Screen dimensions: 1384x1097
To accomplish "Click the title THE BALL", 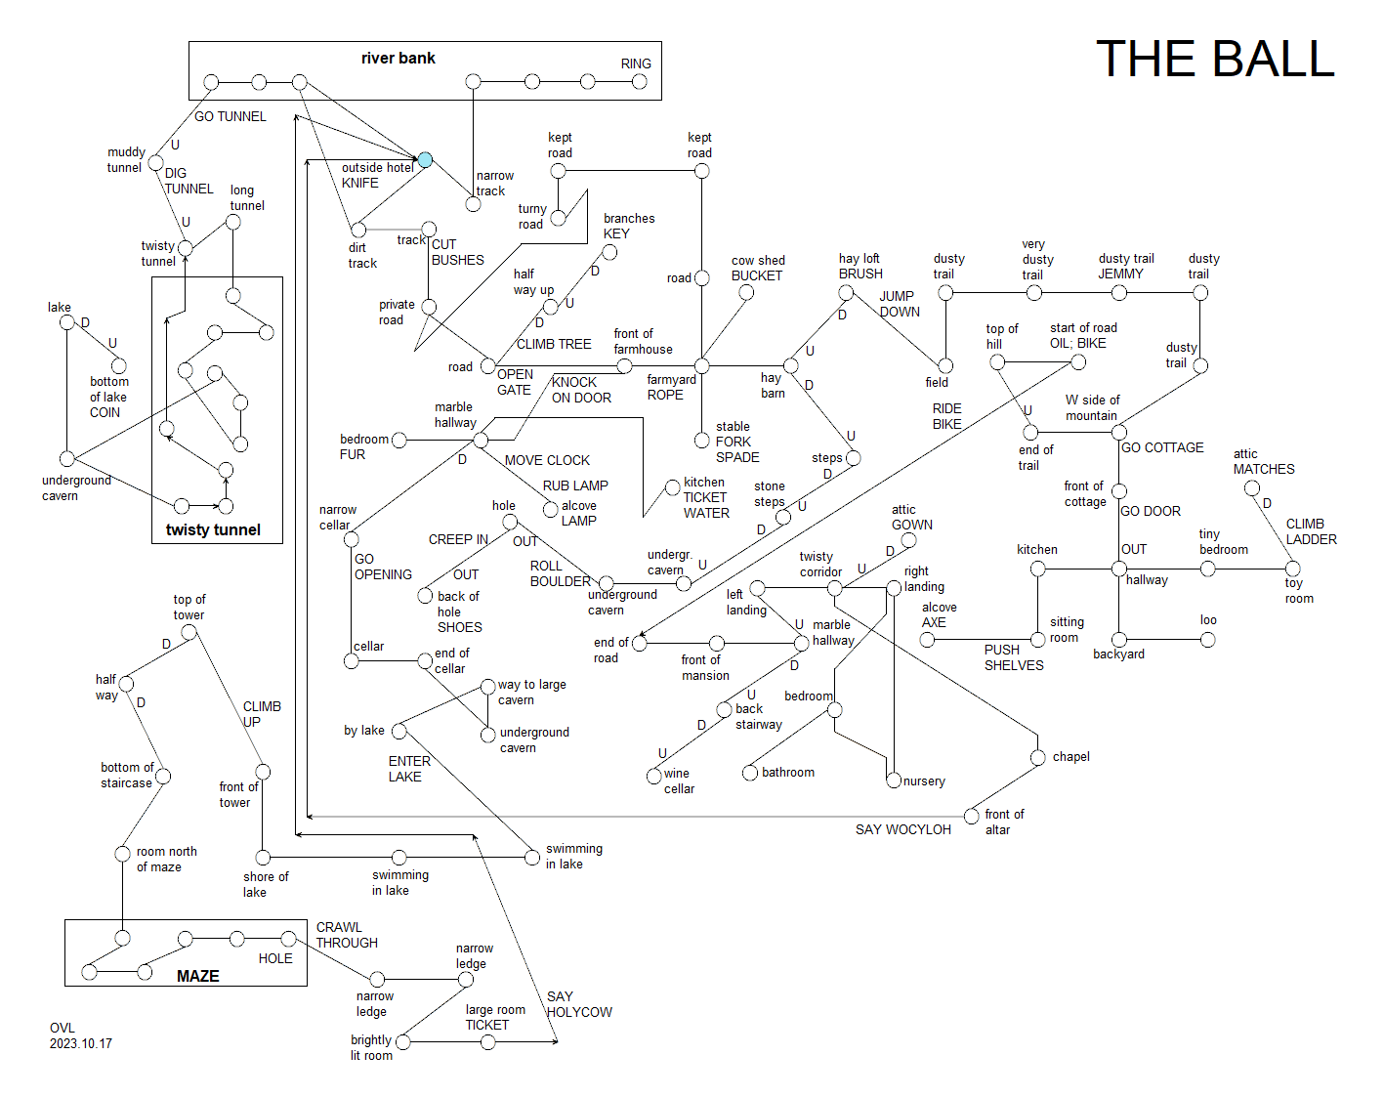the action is (1214, 59).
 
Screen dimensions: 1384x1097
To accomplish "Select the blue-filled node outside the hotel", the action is (425, 159).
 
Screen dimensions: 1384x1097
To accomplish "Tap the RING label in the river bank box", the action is (636, 63).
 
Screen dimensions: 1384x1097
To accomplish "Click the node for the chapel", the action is (1037, 757).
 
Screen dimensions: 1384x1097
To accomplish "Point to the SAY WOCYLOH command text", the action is (902, 829).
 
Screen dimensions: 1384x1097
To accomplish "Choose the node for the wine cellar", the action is (654, 776).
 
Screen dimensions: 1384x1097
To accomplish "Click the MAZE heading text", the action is (198, 976).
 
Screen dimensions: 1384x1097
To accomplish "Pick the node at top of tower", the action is (189, 632).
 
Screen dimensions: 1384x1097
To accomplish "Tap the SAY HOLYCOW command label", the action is (579, 1004).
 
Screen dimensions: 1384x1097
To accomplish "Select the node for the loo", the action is (1208, 640).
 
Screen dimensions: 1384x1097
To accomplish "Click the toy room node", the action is (1292, 569).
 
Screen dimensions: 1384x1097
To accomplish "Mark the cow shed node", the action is (746, 293).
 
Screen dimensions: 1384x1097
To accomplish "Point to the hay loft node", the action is (846, 293).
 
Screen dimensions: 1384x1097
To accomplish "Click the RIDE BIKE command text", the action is (946, 416).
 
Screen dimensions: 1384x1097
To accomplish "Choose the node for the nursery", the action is (894, 781).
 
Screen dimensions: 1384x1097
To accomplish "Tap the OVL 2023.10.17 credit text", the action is (80, 1035).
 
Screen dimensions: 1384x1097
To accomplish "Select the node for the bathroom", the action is (750, 773).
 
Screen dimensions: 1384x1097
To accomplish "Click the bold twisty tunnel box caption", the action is (213, 529).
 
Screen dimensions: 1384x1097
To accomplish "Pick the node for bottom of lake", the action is (119, 366).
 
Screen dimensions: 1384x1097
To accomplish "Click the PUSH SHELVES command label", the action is (1014, 657).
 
